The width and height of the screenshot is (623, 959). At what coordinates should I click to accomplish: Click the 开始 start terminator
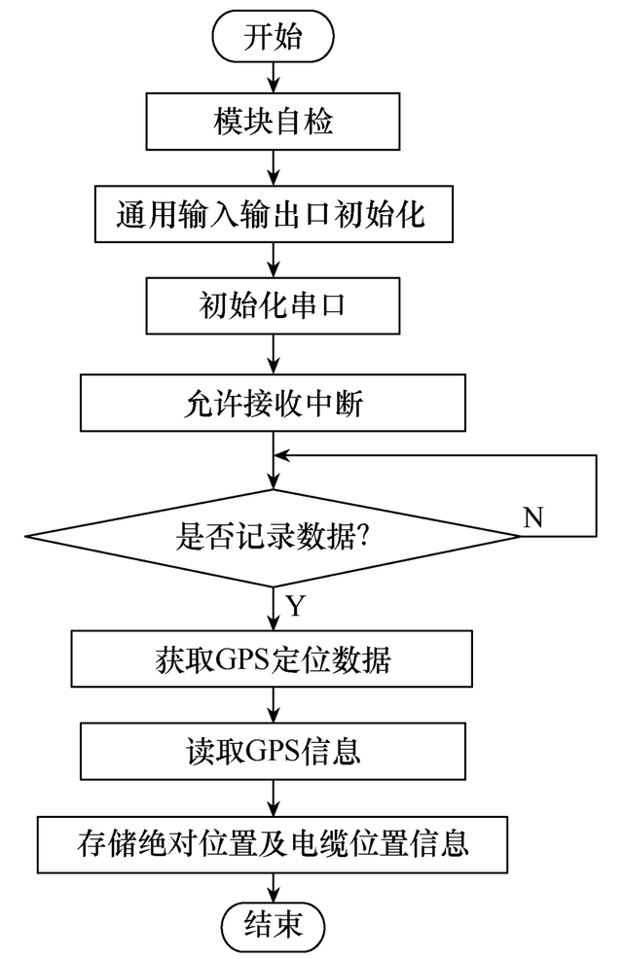(273, 37)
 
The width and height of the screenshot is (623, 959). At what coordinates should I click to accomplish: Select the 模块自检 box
(273, 122)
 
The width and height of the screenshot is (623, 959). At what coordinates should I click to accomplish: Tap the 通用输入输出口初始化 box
(274, 214)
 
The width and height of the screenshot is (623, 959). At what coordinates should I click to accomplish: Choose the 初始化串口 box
(273, 305)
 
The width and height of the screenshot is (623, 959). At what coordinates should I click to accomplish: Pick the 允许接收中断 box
(273, 403)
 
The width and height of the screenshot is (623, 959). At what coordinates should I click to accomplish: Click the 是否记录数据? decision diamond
(273, 537)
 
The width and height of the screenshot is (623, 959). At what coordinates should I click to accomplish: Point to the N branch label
(533, 517)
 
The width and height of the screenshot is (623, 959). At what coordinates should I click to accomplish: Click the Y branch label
(295, 606)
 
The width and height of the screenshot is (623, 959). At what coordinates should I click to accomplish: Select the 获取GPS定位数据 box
(272, 658)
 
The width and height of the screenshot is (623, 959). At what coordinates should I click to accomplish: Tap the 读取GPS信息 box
(273, 751)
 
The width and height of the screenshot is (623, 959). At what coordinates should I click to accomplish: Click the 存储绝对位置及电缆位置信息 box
(273, 844)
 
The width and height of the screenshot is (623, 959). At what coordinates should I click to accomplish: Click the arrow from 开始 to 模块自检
(274, 78)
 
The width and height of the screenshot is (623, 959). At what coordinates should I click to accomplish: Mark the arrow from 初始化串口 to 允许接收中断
(274, 354)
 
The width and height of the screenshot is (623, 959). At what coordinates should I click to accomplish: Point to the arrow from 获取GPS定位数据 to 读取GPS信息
(274, 704)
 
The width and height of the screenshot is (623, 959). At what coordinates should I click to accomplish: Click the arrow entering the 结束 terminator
(274, 887)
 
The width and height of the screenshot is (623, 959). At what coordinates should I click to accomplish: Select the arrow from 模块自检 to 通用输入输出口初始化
(274, 167)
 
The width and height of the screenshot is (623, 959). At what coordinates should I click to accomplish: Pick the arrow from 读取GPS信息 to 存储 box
(274, 798)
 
